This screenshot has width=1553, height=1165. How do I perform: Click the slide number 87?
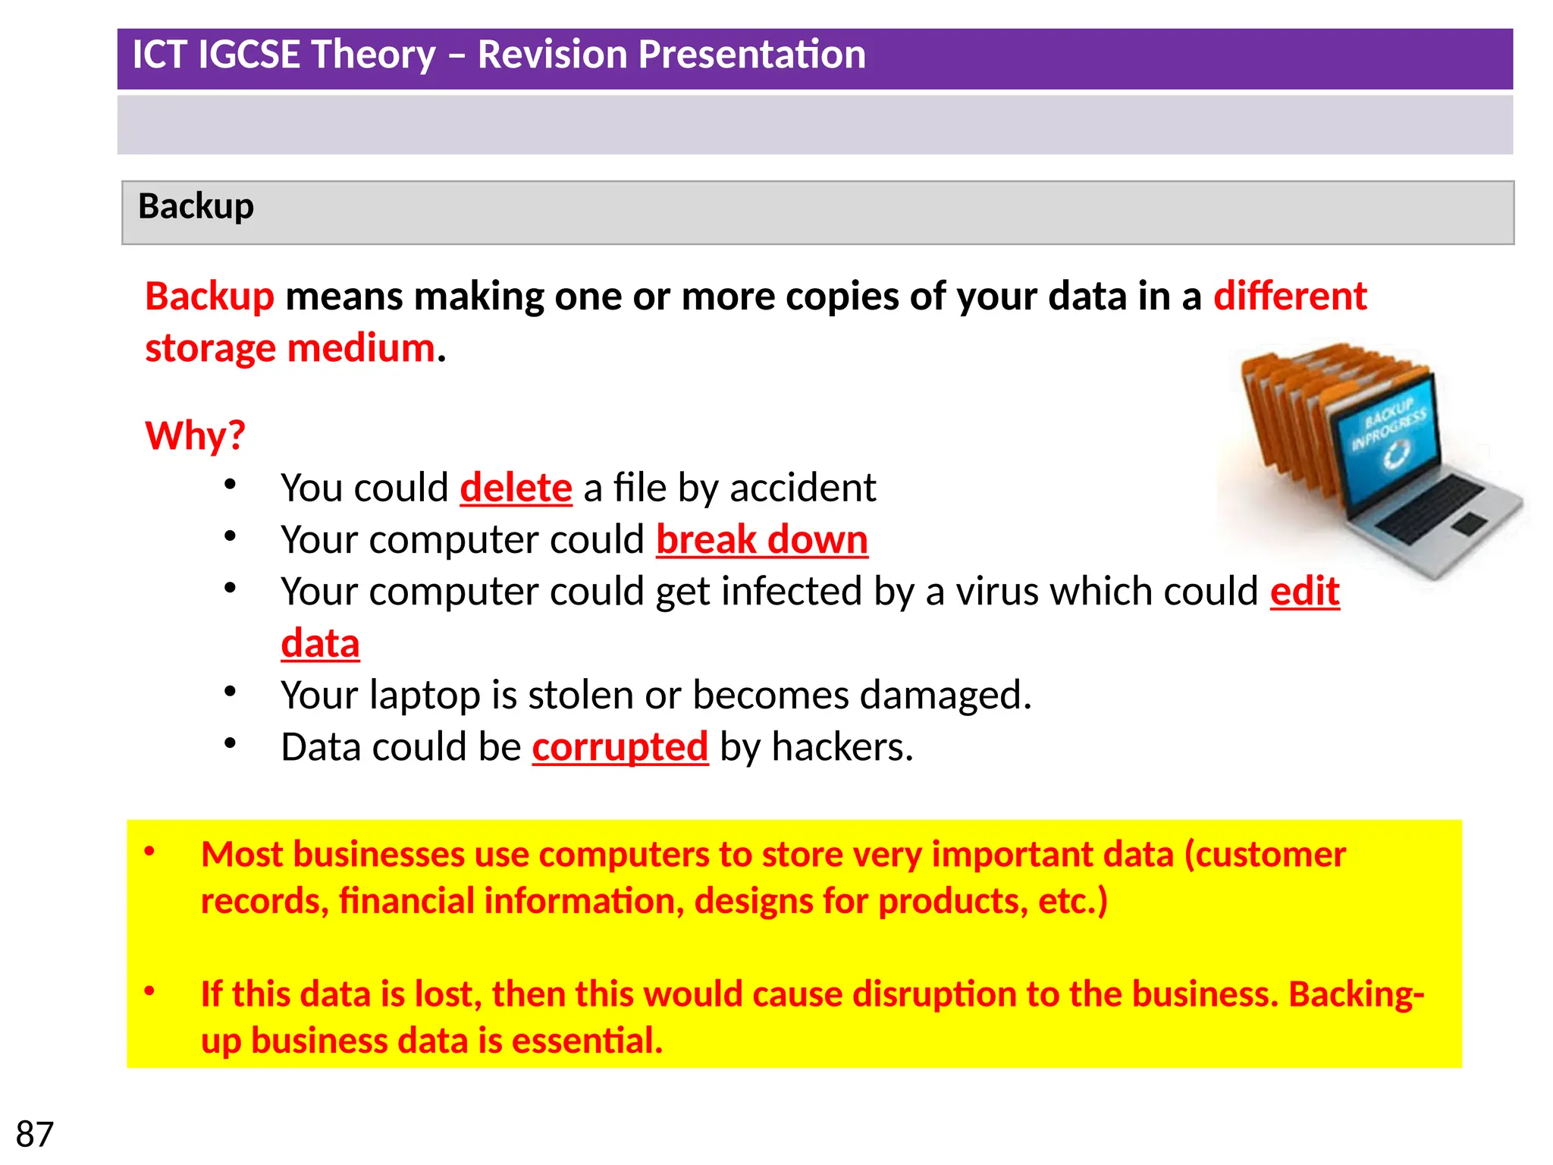(x=35, y=1134)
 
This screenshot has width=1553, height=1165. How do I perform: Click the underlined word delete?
(x=516, y=488)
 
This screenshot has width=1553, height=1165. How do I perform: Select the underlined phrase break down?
(x=761, y=540)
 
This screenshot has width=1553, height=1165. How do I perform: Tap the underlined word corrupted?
(x=620, y=747)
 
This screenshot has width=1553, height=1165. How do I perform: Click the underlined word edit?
(x=1304, y=592)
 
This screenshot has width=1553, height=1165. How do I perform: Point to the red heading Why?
(x=195, y=436)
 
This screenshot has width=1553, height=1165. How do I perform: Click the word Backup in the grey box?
(x=196, y=206)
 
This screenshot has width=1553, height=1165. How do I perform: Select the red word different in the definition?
(x=1289, y=296)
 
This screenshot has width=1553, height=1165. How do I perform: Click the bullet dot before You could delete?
(x=231, y=485)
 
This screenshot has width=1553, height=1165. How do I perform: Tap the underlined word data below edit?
(x=320, y=644)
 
